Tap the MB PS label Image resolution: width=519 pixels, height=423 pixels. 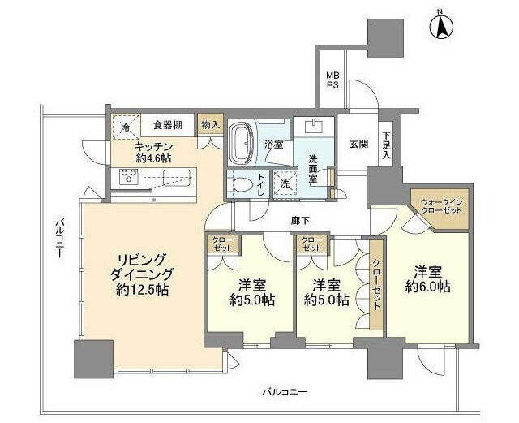click(x=332, y=79)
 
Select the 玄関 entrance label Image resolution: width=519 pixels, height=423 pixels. click(x=358, y=144)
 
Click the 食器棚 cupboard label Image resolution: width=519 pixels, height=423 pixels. click(x=166, y=125)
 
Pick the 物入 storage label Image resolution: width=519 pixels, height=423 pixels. click(x=209, y=125)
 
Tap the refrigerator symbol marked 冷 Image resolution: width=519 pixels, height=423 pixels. click(x=126, y=127)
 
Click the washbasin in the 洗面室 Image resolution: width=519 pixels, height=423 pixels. click(x=312, y=127)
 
